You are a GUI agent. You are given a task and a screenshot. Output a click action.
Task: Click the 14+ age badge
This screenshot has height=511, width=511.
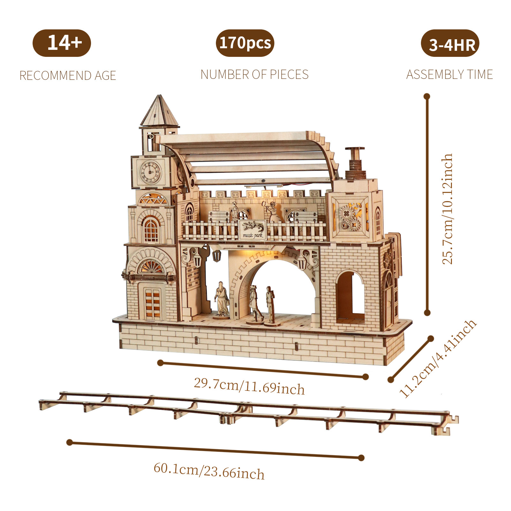(x=62, y=43)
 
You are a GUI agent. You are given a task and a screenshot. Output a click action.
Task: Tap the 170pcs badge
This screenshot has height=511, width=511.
(x=245, y=43)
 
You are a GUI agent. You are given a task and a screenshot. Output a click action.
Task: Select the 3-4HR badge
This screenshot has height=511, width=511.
(x=450, y=44)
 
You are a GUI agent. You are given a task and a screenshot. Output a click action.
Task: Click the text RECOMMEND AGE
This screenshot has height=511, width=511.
(x=68, y=76)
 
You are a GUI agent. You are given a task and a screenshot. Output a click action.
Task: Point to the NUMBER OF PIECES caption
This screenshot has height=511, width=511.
(x=255, y=74)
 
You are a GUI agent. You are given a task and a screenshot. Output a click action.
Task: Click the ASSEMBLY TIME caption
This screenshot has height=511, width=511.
(x=449, y=74)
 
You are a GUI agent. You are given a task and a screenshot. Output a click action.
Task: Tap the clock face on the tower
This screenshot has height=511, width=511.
(x=150, y=172)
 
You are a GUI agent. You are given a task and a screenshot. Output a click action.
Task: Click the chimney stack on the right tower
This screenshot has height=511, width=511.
(x=355, y=163)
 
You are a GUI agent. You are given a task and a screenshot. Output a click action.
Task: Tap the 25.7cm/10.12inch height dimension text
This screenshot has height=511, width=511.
(x=447, y=209)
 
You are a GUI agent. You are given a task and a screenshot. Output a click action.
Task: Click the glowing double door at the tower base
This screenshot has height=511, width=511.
(x=152, y=302)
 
